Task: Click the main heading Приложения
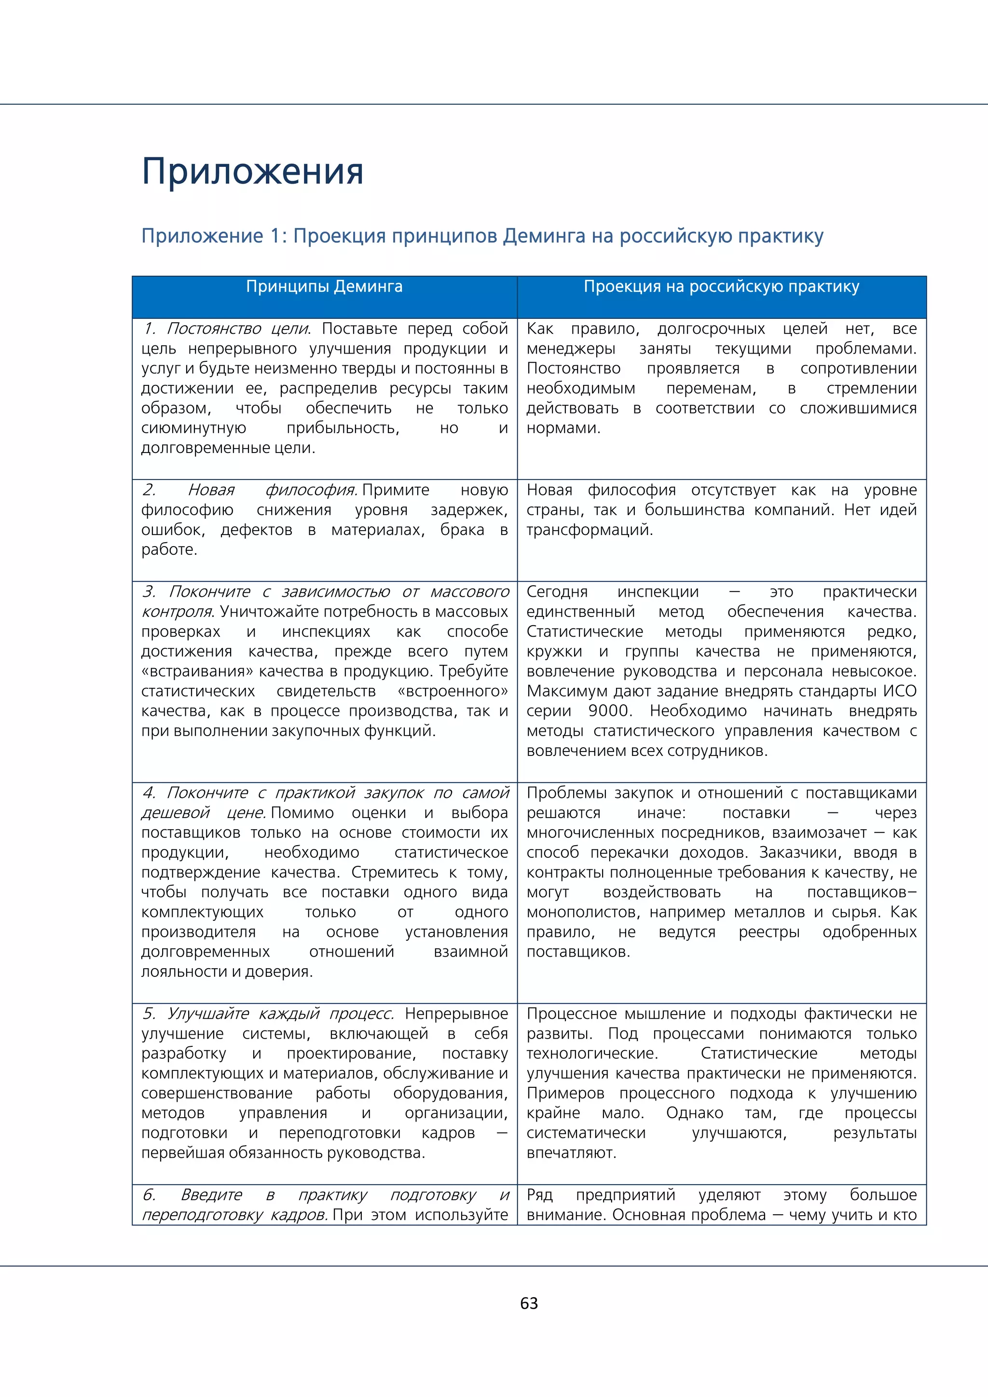[x=252, y=172]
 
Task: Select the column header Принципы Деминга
[x=324, y=287]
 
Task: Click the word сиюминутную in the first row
[x=193, y=428]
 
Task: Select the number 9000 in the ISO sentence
[x=610, y=711]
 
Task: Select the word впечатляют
[x=571, y=1152]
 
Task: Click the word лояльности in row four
[x=181, y=972]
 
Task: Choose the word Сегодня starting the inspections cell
[x=557, y=591]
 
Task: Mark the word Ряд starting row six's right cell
[x=540, y=1194]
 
